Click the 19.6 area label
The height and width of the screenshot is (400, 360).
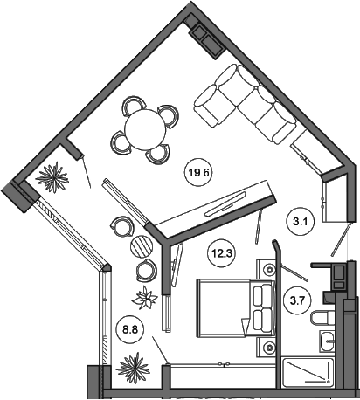[x=198, y=173]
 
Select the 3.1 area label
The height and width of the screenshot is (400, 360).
[x=300, y=223]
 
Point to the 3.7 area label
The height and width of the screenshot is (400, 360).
[x=297, y=300]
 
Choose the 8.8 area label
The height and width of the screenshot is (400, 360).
[x=129, y=330]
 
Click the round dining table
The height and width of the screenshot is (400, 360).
[x=145, y=130]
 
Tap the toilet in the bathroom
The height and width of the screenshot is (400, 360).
[x=322, y=318]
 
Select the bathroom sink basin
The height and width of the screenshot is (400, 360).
[x=328, y=341]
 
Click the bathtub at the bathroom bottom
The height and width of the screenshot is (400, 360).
[x=308, y=371]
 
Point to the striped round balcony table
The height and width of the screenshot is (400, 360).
[x=142, y=246]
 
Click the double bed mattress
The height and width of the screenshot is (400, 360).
[x=223, y=308]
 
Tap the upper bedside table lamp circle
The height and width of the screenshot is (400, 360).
[x=269, y=270]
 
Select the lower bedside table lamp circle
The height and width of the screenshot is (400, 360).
[x=269, y=348]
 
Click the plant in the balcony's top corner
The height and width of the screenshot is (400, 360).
[x=52, y=177]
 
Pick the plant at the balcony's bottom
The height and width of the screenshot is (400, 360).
[x=134, y=369]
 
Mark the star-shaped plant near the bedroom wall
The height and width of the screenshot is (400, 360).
[x=145, y=298]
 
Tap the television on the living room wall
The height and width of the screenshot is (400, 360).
[x=225, y=204]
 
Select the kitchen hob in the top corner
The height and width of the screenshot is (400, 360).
[x=207, y=41]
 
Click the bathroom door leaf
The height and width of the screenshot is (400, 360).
[x=294, y=273]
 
